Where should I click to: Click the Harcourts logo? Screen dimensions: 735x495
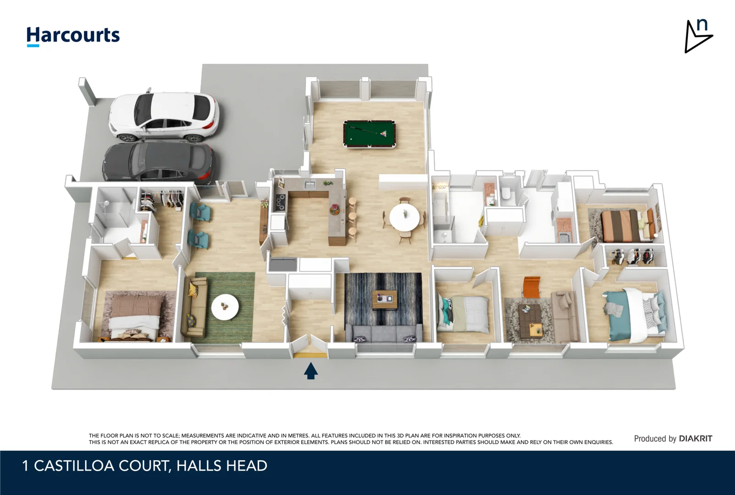pos(73,36)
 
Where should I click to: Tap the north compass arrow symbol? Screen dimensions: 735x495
pos(698,36)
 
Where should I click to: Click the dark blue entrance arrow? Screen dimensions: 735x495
pos(311,371)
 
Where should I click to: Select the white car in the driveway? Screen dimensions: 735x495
pos(164,116)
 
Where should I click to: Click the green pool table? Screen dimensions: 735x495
pos(370,134)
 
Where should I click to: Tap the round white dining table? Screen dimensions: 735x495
pos(404,217)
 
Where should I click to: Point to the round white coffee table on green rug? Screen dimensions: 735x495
pos(225,307)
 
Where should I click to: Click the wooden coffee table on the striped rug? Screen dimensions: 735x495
pos(385,300)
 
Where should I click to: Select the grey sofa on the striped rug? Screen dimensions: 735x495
pos(383,333)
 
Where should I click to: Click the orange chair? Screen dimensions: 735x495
pos(531,287)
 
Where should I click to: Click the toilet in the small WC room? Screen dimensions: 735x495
pos(506,194)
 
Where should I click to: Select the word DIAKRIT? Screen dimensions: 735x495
pos(696,439)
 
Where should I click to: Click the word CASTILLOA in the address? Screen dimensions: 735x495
pos(74,466)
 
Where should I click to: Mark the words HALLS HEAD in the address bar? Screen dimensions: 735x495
pos(222,466)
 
